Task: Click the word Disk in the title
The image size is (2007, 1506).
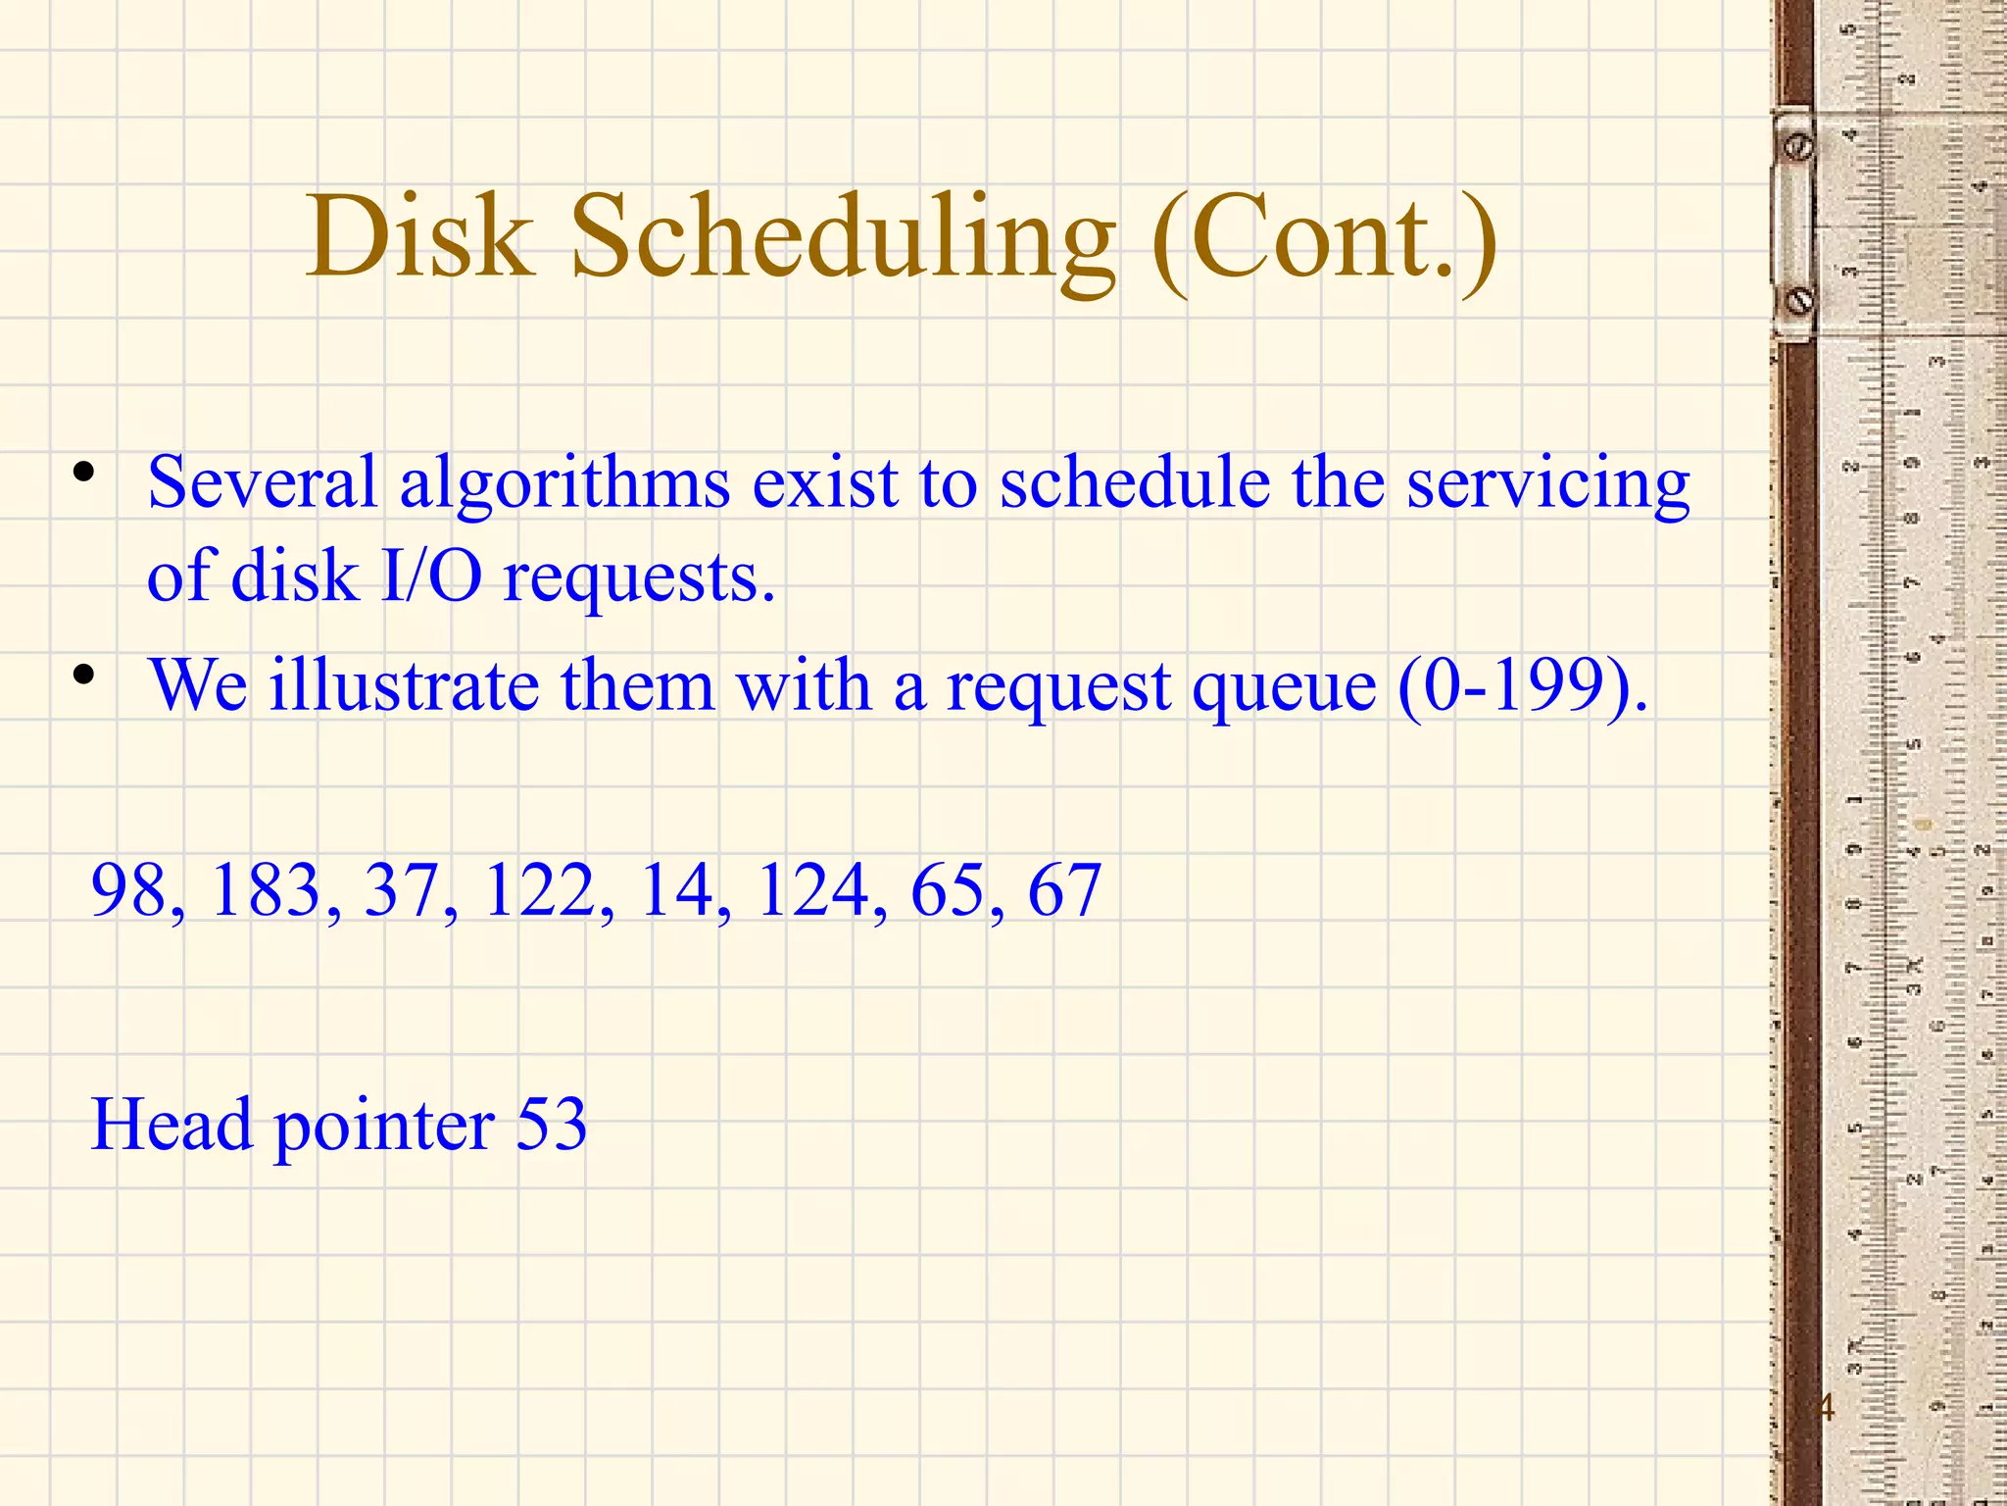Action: tap(420, 237)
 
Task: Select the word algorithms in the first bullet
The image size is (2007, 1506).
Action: tap(564, 484)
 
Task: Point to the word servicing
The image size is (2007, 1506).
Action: tap(1548, 484)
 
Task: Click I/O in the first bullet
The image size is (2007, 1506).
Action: tap(431, 577)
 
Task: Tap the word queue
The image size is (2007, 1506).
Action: tap(1284, 686)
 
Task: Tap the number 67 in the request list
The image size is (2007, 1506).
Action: tap(1064, 890)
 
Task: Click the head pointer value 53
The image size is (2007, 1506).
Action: tap(551, 1124)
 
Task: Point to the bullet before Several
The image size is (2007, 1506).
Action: tap(84, 473)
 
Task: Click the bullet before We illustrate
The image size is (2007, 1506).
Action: tap(84, 675)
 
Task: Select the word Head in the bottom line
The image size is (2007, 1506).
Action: tap(171, 1124)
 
